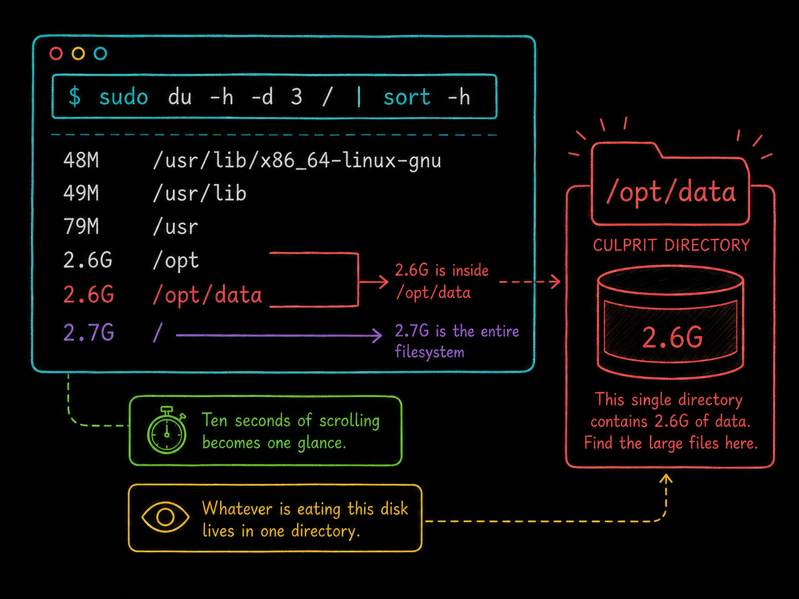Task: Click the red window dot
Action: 56,54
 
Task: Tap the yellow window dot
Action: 78,54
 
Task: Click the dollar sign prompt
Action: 74,97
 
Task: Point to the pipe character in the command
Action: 359,97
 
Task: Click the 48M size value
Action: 81,161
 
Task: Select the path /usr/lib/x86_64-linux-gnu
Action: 297,161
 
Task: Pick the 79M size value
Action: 81,226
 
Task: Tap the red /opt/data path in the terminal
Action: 207,295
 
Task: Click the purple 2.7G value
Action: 88,333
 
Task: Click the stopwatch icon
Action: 167,430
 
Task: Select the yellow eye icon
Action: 165,517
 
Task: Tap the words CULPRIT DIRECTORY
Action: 671,245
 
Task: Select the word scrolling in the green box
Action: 349,421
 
